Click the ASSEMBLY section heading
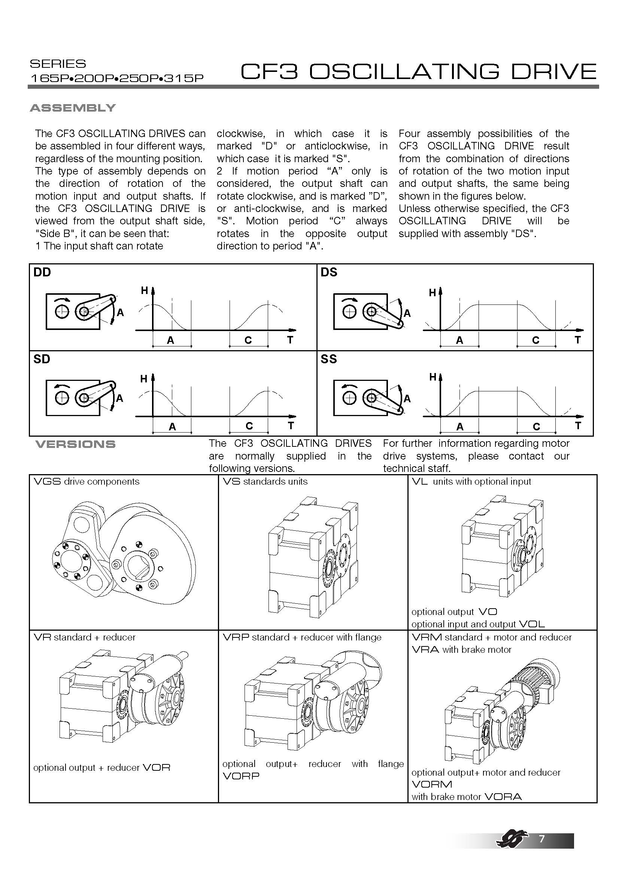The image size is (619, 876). pyautogui.click(x=73, y=108)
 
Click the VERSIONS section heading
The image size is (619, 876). pyautogui.click(x=75, y=444)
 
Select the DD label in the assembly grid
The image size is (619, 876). pyautogui.click(x=42, y=272)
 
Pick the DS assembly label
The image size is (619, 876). pyautogui.click(x=329, y=272)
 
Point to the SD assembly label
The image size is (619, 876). pyautogui.click(x=42, y=359)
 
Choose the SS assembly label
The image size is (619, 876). pyautogui.click(x=329, y=359)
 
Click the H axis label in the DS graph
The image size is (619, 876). pyautogui.click(x=432, y=292)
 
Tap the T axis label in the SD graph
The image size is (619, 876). pyautogui.click(x=291, y=425)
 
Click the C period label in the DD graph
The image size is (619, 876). pyautogui.click(x=248, y=340)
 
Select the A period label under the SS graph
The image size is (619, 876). pyautogui.click(x=460, y=427)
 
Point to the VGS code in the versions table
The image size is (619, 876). pyautogui.click(x=47, y=482)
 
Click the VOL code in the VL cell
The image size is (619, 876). pyautogui.click(x=532, y=624)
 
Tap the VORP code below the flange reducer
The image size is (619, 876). pyautogui.click(x=241, y=776)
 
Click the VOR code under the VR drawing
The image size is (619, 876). pyautogui.click(x=156, y=768)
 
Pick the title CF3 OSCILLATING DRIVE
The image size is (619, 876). pyautogui.click(x=418, y=72)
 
